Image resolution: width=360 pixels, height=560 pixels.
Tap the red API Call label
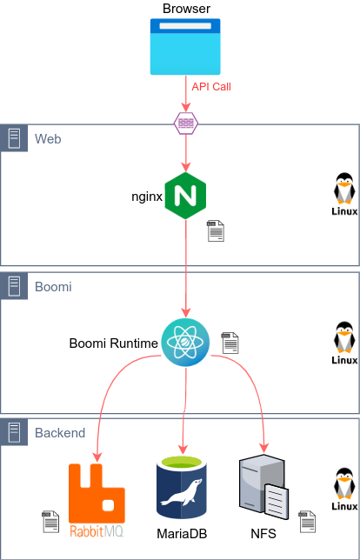pos(211,87)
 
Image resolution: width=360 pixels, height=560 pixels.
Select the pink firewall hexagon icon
pos(185,123)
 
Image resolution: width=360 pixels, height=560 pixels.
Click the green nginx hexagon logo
pos(185,196)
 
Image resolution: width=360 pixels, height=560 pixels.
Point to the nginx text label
pos(147,197)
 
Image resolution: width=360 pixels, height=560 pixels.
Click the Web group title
pos(48,138)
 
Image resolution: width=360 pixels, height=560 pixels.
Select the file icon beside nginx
pos(215,230)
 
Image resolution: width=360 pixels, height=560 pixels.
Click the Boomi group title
pos(53,285)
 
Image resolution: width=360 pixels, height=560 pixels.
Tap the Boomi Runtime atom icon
pos(185,343)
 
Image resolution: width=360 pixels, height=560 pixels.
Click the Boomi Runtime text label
pos(114,343)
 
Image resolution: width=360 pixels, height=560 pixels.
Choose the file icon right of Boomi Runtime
pos(230,343)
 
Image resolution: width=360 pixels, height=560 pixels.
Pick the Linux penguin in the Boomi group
pos(344,342)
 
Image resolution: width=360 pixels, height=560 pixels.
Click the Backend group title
pos(60,432)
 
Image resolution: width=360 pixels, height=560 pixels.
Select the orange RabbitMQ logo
pos(97,500)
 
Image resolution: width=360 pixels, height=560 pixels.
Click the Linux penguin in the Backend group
pos(344,489)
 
